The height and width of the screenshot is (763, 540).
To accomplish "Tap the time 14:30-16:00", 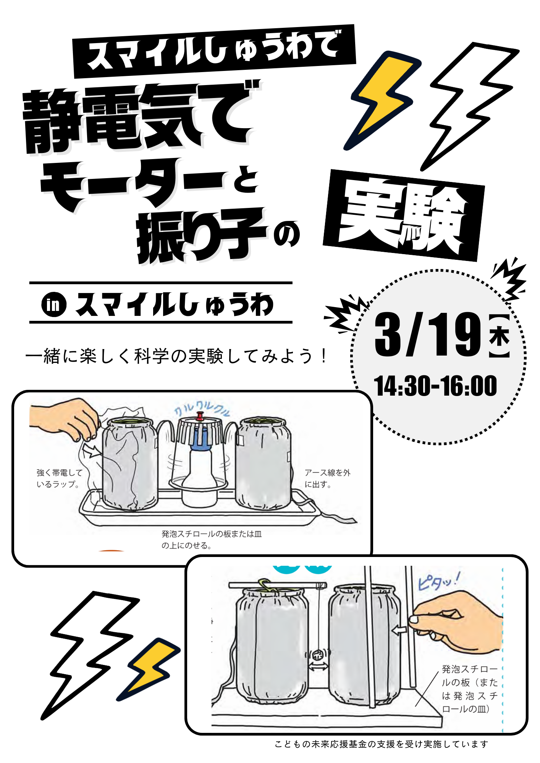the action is click(435, 386).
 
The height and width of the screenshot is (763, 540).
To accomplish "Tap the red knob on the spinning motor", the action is click(200, 416).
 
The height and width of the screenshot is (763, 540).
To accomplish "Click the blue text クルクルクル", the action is click(202, 409).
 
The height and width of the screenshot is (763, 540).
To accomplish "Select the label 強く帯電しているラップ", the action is click(60, 478).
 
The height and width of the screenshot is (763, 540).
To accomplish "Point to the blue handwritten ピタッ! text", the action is click(439, 581).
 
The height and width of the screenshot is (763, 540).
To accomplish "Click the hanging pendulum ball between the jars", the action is click(318, 655).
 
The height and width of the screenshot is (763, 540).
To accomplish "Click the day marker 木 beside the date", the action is click(499, 336).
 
